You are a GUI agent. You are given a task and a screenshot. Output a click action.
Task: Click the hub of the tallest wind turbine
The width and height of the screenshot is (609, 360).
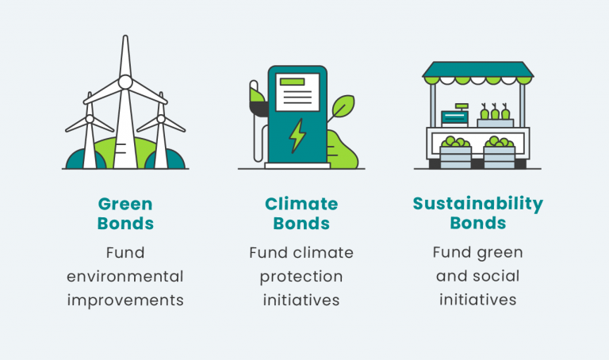124,81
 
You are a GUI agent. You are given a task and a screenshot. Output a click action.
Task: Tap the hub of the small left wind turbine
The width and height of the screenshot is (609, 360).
89,119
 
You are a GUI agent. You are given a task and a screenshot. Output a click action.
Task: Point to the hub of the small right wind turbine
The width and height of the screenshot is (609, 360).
161,119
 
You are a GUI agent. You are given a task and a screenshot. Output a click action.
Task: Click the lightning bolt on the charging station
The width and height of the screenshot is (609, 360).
297,136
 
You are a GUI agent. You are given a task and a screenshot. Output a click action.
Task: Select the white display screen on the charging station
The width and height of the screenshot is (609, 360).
297,90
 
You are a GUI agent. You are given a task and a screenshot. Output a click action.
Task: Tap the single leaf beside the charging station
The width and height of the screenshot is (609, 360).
342,109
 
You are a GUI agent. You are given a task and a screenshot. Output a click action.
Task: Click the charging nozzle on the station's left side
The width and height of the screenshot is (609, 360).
257,99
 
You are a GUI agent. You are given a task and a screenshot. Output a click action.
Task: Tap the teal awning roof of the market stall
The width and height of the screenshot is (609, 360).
478,71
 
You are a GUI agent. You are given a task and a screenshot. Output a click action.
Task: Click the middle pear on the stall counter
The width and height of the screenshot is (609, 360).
495,113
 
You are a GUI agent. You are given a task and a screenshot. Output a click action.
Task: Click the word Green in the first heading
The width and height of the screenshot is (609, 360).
124,204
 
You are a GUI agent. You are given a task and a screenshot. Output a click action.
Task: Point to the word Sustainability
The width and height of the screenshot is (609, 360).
478,204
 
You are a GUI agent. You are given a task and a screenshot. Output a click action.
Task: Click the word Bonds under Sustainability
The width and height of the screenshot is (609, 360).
478,224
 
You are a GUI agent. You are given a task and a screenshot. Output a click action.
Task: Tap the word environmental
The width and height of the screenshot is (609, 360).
124,277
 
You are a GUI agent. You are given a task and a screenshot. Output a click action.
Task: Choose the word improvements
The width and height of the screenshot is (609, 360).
124,301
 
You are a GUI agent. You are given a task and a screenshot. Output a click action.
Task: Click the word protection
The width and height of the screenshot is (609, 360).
301,277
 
